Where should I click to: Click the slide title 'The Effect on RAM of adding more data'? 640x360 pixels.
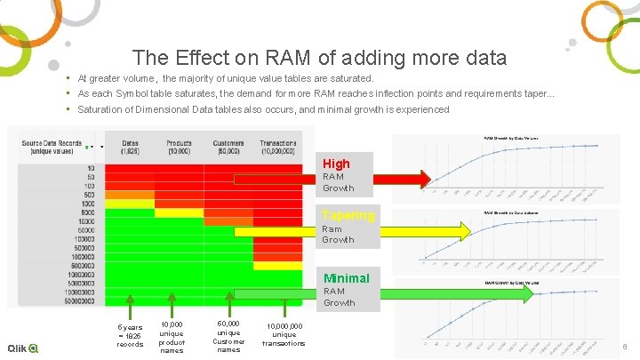click(319, 59)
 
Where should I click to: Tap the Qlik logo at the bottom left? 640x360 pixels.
click(23, 348)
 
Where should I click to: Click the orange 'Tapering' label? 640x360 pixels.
click(348, 215)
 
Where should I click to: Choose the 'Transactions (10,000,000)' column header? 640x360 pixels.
click(278, 146)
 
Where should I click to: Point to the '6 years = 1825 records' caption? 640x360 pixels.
click(130, 335)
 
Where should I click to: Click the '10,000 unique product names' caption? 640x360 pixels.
click(172, 337)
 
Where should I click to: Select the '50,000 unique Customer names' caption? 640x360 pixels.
click(228, 337)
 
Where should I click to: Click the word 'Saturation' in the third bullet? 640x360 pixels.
click(101, 109)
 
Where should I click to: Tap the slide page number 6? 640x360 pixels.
click(625, 347)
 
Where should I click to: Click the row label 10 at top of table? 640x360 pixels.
click(91, 168)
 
